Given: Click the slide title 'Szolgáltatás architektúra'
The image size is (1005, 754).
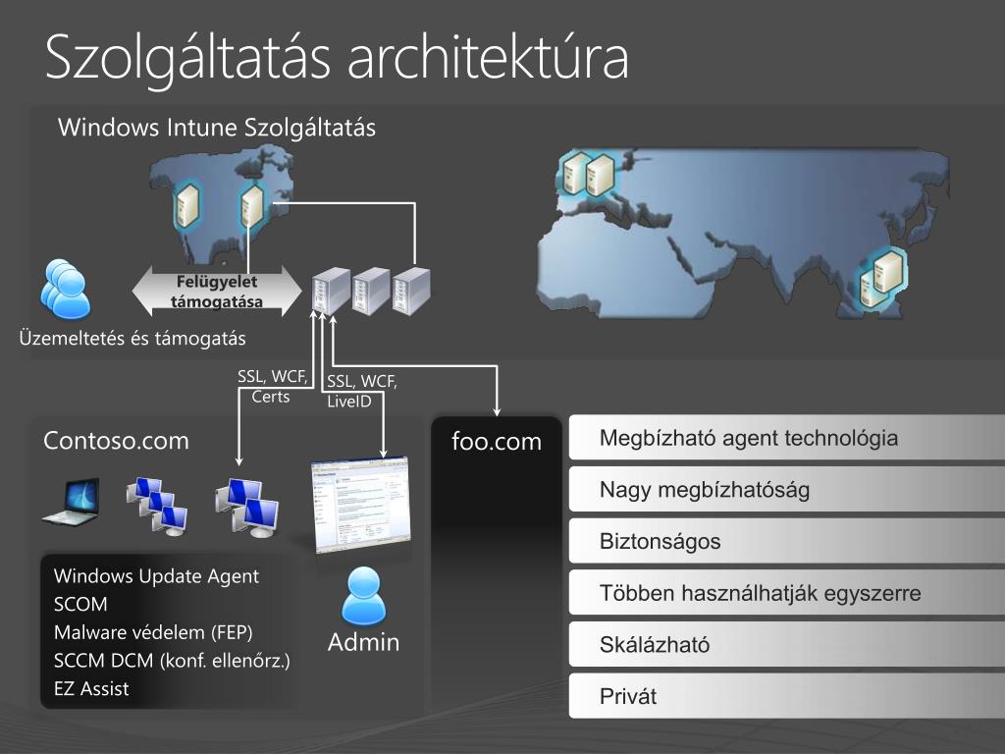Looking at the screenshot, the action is [x=337, y=57].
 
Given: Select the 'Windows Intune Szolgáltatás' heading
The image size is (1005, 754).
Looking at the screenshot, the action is [x=217, y=128].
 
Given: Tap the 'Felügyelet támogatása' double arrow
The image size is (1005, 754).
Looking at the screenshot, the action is [x=217, y=292].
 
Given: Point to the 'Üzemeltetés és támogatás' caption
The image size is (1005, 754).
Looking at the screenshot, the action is [x=132, y=339].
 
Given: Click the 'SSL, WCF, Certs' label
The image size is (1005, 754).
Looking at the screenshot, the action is [x=272, y=386].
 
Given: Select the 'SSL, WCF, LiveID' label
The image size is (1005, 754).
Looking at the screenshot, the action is [x=361, y=391].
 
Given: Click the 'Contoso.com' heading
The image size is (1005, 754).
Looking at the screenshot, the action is [x=116, y=440].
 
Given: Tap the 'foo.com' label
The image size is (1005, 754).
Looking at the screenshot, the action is [x=497, y=442].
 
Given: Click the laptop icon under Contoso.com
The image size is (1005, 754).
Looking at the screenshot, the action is [x=71, y=502].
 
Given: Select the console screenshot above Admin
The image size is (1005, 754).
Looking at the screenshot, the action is [x=359, y=505].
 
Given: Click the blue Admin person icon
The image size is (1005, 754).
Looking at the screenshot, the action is [x=363, y=596].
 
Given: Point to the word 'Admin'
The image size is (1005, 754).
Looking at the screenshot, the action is [x=363, y=643].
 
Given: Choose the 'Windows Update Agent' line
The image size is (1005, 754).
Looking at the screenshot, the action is [x=156, y=576].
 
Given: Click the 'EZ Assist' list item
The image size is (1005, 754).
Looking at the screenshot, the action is [x=91, y=688].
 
